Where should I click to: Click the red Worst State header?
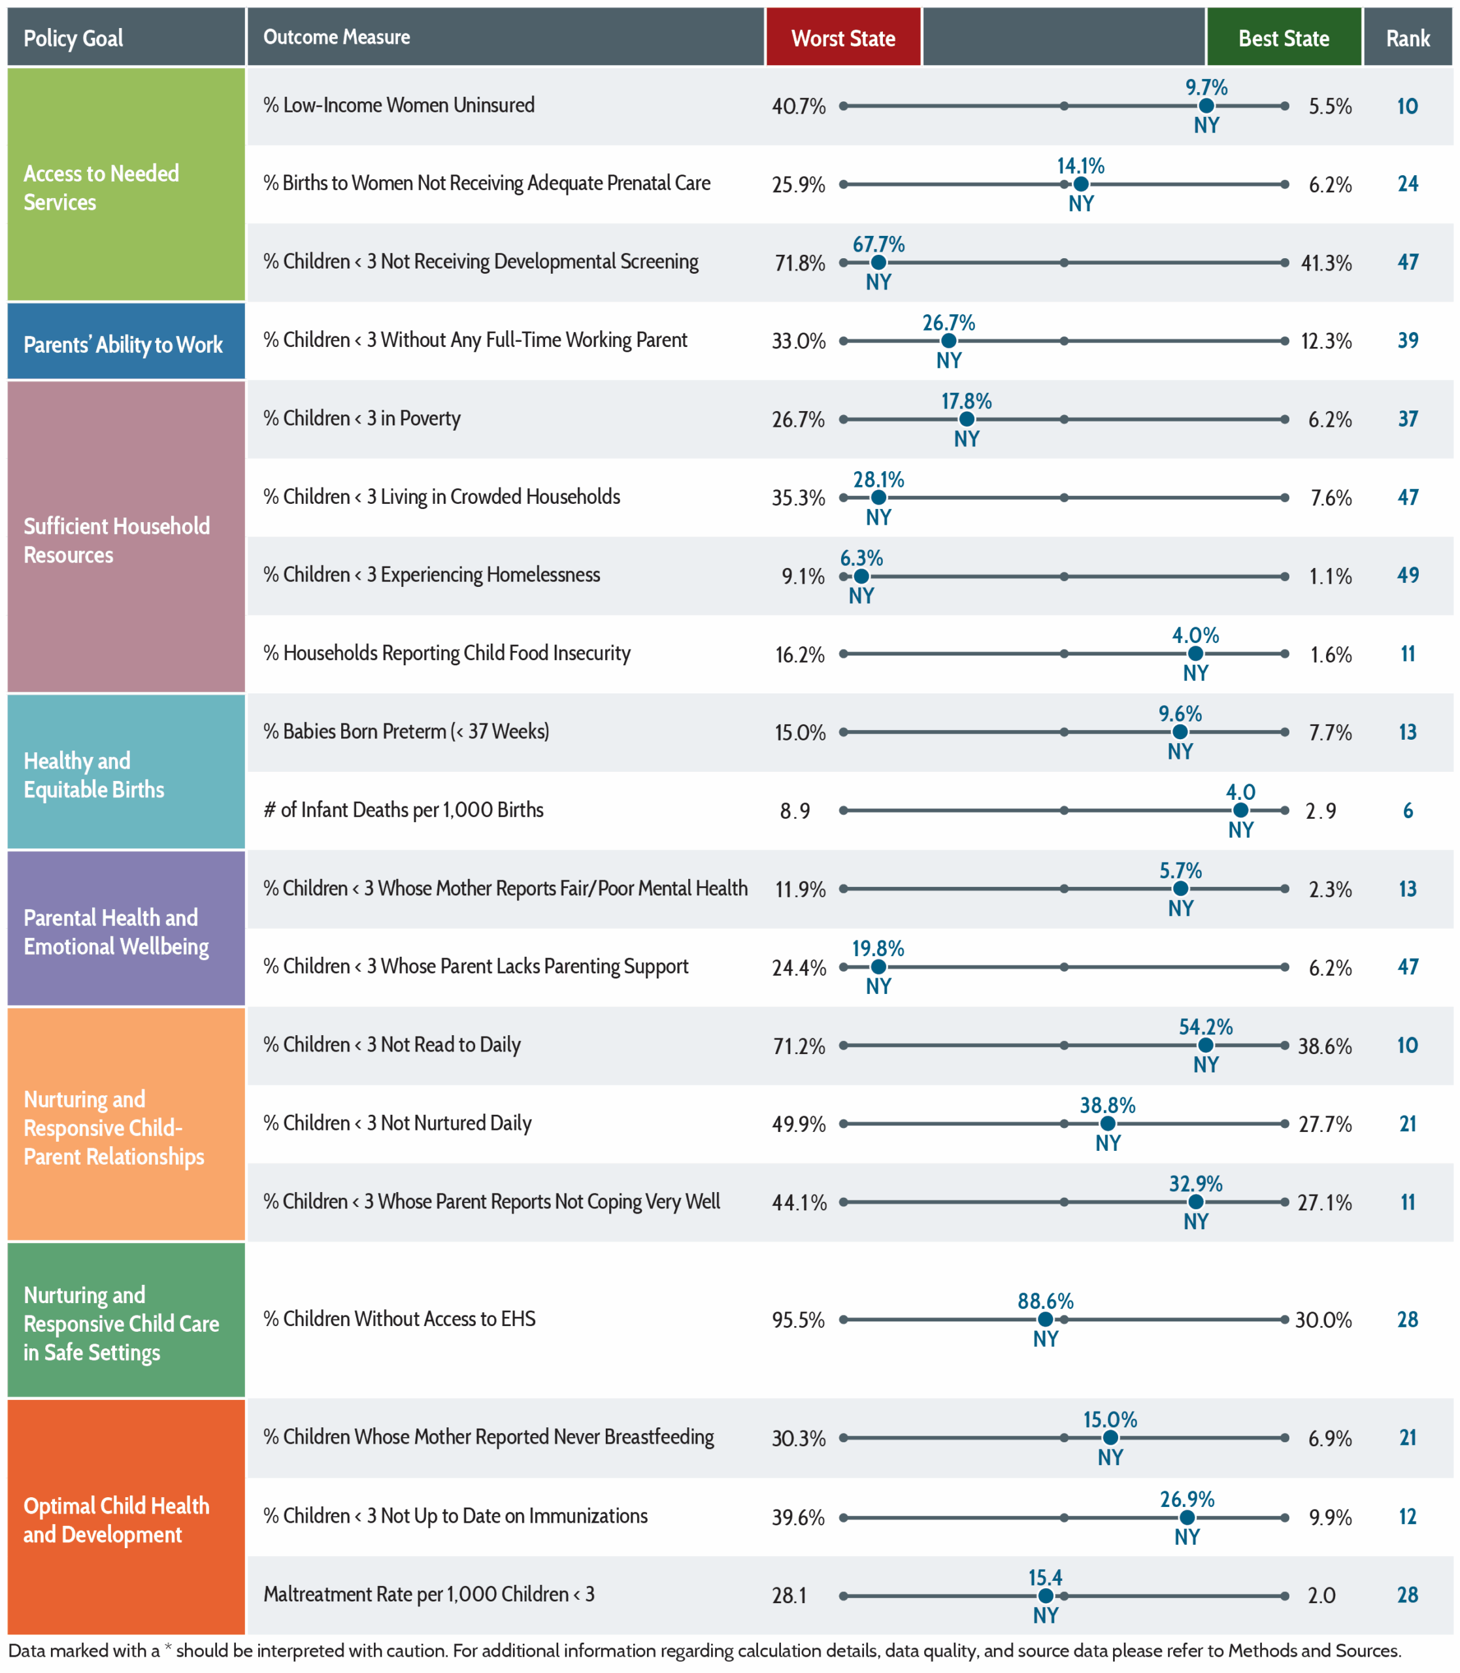[843, 37]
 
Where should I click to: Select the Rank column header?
[1408, 37]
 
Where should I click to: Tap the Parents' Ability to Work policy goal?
[123, 344]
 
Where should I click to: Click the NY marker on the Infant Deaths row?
[1240, 810]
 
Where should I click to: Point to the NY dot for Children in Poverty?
[967, 420]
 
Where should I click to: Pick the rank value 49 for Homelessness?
[1408, 575]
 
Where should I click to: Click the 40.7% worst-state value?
[799, 106]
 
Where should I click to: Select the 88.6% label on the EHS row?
[1045, 1300]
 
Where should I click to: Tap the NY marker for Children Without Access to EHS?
[1045, 1319]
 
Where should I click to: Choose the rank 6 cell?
[1408, 810]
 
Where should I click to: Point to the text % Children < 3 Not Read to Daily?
[392, 1045]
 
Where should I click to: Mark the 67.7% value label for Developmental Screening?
[878, 244]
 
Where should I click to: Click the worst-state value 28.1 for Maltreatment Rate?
[789, 1595]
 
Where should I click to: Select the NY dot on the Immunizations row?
[1187, 1517]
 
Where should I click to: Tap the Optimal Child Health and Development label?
[116, 1520]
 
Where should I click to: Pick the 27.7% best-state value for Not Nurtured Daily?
[1325, 1124]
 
